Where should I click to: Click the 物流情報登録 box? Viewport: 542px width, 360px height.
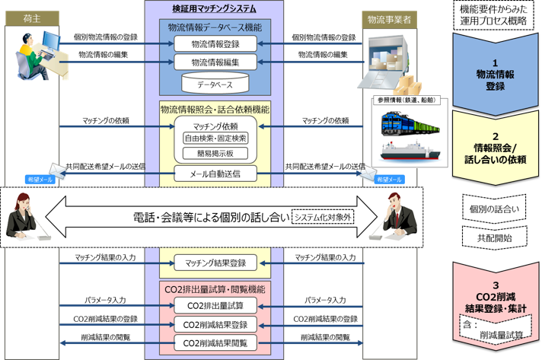coord(215,44)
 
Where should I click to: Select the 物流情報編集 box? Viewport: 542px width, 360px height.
coord(215,61)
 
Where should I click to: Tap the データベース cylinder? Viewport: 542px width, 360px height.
coord(215,82)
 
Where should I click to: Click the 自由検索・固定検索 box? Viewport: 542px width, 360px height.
coord(215,138)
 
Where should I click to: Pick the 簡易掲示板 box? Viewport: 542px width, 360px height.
coord(215,153)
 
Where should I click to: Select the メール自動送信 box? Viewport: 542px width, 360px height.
coord(215,174)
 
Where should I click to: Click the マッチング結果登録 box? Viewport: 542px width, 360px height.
coord(215,263)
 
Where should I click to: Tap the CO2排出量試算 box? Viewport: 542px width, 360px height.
coord(215,305)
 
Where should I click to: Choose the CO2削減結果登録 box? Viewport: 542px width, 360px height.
coord(215,324)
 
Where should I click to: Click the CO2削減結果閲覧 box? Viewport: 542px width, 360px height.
coord(215,343)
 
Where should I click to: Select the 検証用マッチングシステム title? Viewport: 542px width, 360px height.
coord(215,8)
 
